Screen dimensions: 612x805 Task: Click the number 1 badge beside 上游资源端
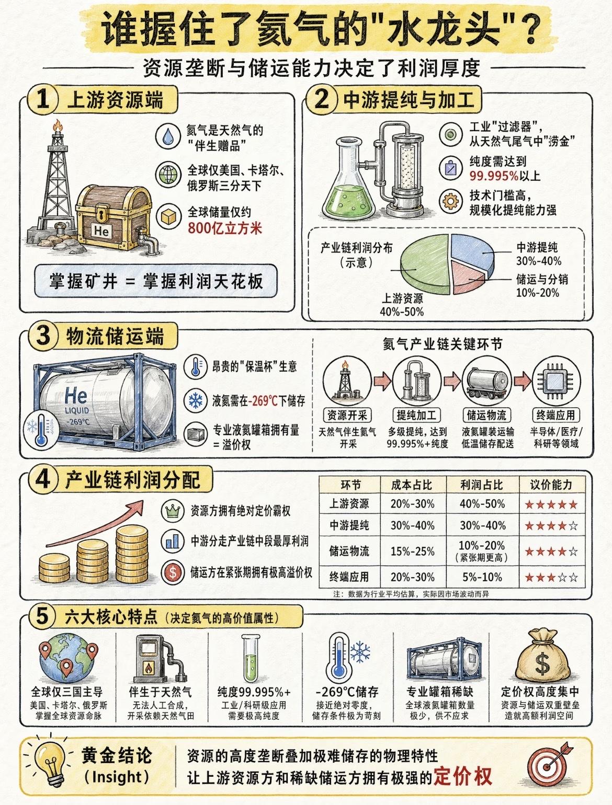point(43,99)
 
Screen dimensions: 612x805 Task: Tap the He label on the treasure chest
point(101,231)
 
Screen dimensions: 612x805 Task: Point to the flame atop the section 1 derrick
point(58,126)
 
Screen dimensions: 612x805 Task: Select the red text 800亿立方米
point(225,228)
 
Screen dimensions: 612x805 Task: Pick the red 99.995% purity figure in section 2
point(493,176)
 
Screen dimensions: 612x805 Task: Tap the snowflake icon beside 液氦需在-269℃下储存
point(196,400)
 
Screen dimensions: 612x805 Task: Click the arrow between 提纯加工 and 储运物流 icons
point(452,381)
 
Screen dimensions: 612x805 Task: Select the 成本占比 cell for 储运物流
point(412,551)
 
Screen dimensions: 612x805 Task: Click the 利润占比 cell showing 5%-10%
point(482,577)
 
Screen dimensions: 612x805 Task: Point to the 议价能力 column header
point(551,485)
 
